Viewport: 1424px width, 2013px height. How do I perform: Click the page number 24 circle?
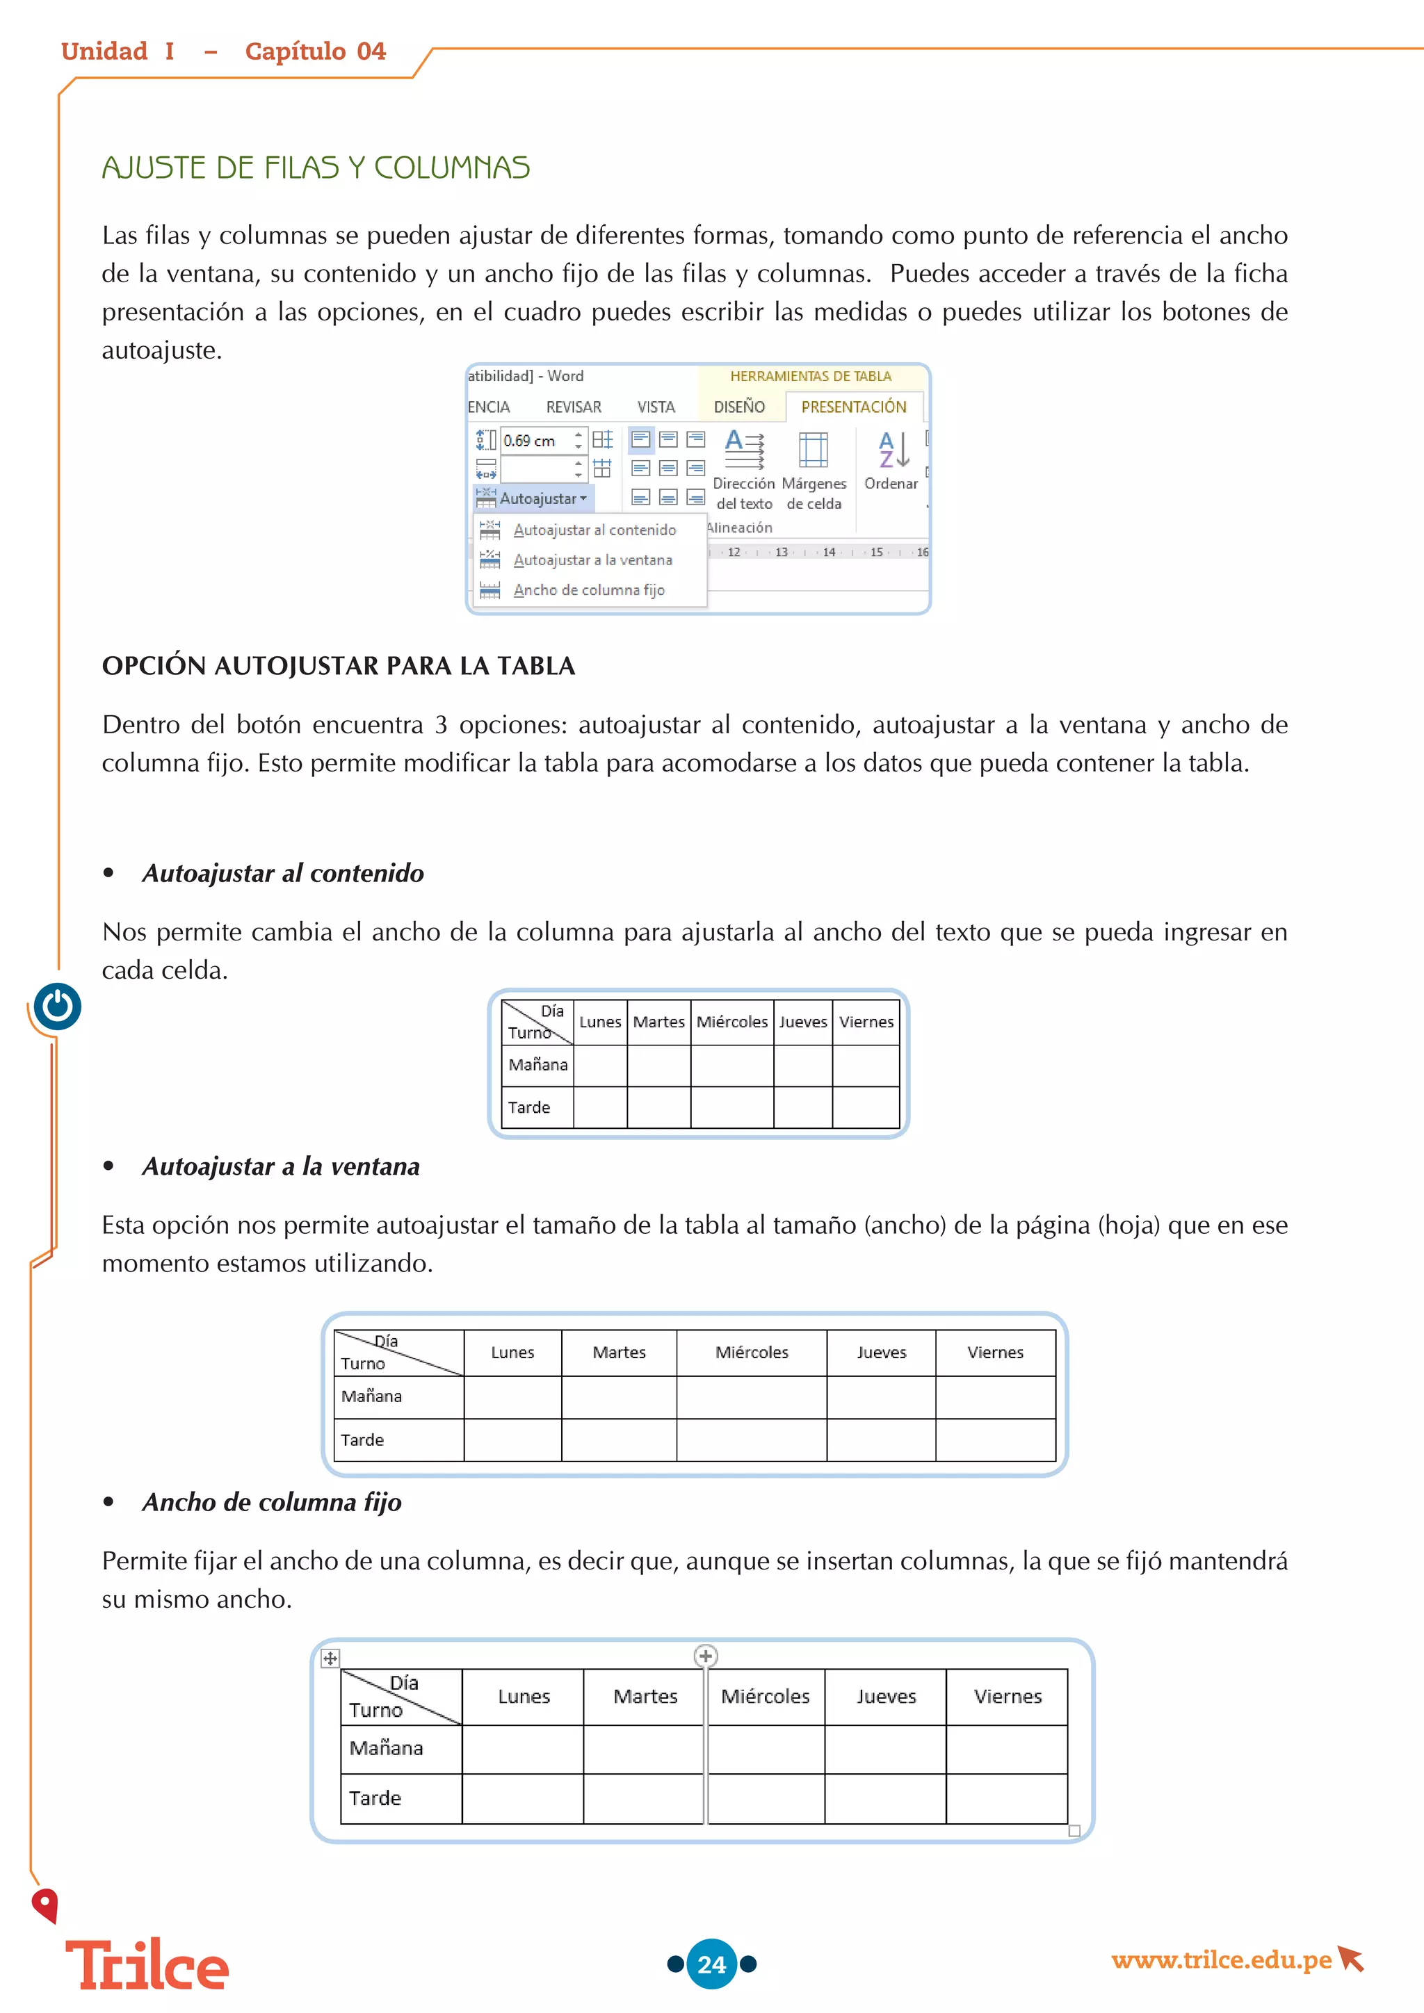[711, 1964]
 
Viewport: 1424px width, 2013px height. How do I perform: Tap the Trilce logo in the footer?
[147, 1965]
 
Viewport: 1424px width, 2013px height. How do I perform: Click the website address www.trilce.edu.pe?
[1222, 1959]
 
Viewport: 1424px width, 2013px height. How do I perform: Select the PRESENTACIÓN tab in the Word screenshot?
[853, 407]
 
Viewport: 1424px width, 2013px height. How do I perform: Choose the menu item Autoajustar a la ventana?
[592, 560]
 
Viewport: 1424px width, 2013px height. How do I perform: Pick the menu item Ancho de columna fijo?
[588, 590]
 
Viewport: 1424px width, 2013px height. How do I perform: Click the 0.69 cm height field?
[537, 440]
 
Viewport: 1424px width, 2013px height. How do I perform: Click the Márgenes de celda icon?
[813, 450]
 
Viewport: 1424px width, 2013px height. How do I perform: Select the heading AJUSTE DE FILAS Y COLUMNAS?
[316, 168]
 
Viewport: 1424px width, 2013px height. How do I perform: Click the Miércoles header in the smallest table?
[731, 1021]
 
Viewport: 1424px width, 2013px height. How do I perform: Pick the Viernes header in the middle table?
[994, 1352]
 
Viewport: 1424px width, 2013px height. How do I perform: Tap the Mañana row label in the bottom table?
[386, 1748]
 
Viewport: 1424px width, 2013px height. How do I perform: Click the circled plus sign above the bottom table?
[706, 1655]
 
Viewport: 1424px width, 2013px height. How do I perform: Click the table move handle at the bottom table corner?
[330, 1658]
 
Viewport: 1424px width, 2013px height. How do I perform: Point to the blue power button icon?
[58, 1006]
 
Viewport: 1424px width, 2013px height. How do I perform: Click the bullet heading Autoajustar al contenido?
[282, 873]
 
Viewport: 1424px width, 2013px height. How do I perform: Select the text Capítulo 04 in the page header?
[315, 51]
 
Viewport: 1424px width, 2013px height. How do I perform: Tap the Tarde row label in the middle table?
[362, 1440]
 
